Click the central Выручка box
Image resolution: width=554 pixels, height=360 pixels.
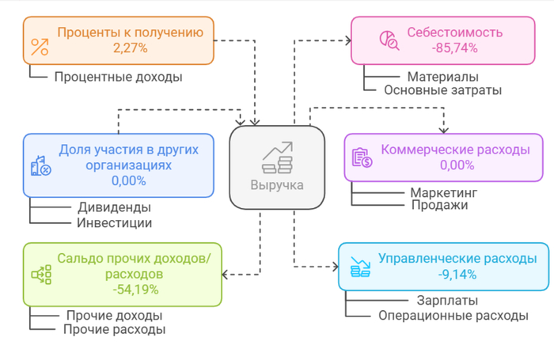pyautogui.click(x=277, y=167)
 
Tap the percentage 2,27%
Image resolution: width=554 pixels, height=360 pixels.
pyautogui.click(x=130, y=48)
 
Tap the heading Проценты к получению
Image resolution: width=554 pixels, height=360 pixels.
pyautogui.click(x=130, y=33)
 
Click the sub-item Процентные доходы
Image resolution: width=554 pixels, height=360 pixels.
pyautogui.click(x=118, y=77)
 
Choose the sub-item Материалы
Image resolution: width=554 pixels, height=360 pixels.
pyautogui.click(x=442, y=77)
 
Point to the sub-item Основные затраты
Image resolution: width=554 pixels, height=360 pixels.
pyautogui.click(x=442, y=90)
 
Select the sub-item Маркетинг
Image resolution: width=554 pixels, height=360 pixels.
pyautogui.click(x=444, y=192)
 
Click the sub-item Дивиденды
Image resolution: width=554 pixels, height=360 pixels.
pyautogui.click(x=114, y=208)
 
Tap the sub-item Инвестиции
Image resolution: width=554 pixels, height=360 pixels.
pyautogui.click(x=114, y=222)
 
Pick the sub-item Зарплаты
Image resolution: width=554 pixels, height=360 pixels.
pyautogui.click(x=446, y=301)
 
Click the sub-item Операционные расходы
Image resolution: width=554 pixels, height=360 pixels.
pyautogui.click(x=452, y=315)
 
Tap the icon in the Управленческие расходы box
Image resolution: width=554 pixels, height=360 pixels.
pyautogui.click(x=361, y=267)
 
